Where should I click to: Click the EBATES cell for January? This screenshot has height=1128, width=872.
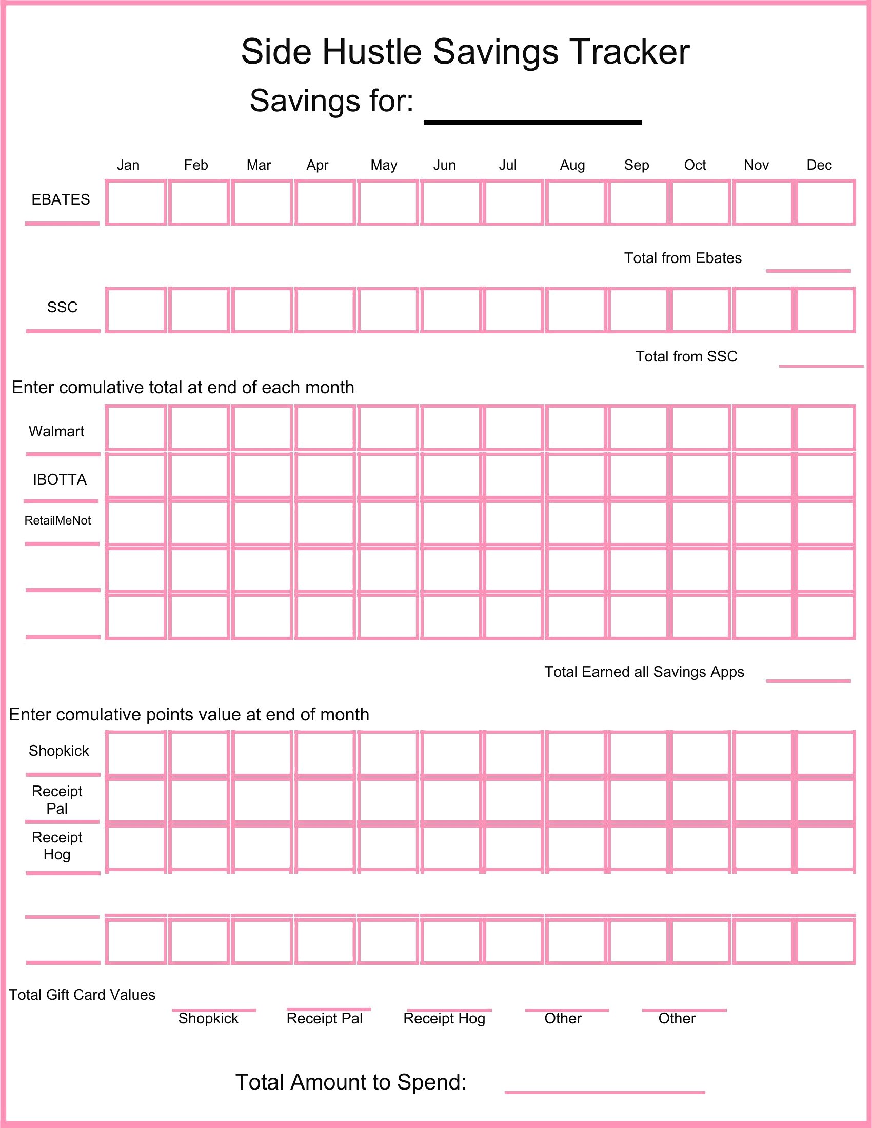(x=136, y=203)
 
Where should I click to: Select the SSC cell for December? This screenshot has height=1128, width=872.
(x=825, y=310)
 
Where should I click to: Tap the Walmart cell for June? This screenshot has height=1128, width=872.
(x=450, y=428)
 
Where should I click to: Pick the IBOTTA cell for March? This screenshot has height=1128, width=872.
(x=262, y=475)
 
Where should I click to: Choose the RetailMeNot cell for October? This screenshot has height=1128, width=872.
(x=701, y=522)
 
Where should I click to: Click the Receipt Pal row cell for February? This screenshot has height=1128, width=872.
(x=199, y=799)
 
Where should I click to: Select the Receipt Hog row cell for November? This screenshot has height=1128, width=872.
(x=762, y=847)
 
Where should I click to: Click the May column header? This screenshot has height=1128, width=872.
(x=384, y=165)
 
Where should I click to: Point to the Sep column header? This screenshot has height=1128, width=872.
(x=636, y=165)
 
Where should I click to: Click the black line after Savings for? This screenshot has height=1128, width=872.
(x=532, y=123)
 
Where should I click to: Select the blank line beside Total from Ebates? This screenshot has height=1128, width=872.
(x=808, y=270)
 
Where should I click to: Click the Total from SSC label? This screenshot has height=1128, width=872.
(x=686, y=356)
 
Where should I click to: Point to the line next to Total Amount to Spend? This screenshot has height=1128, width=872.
(x=604, y=1092)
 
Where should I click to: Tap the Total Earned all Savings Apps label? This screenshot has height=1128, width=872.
(x=644, y=672)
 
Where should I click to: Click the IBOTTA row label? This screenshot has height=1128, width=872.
(x=60, y=480)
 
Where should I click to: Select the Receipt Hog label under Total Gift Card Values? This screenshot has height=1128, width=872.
(x=444, y=1018)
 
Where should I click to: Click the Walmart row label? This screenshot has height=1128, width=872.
(x=56, y=431)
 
